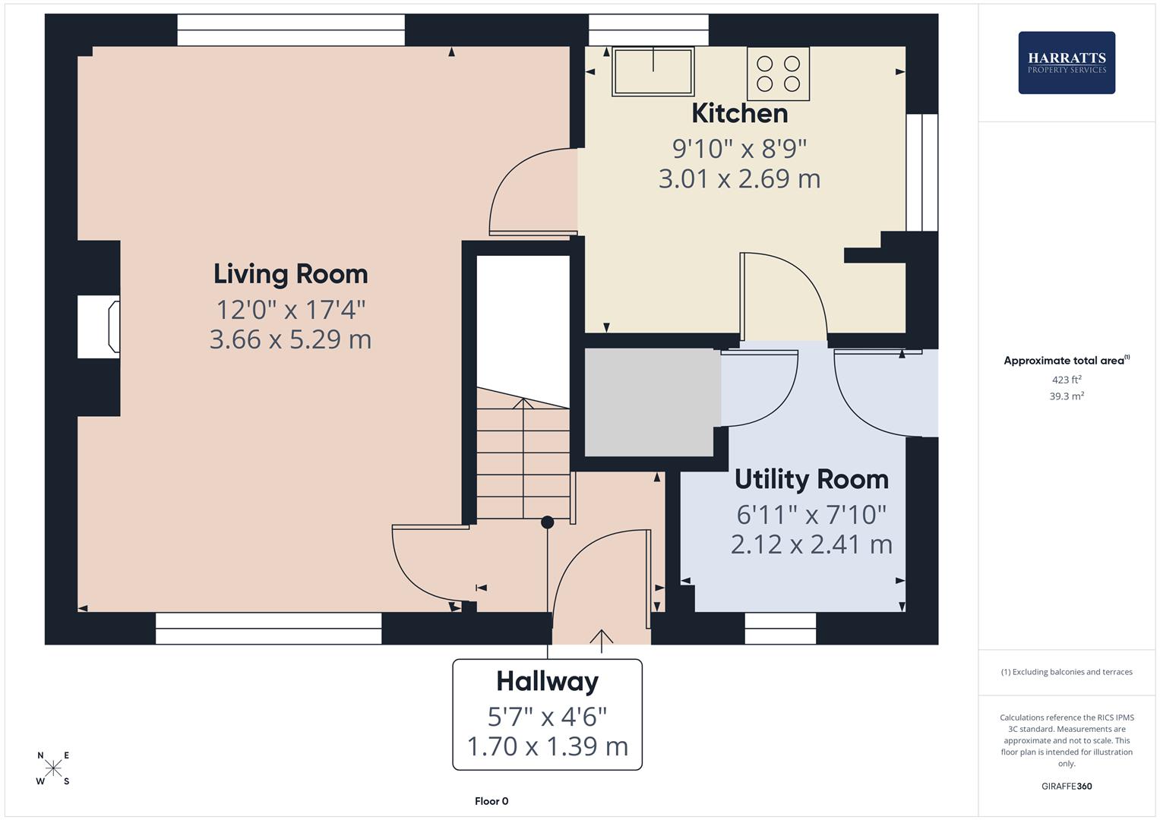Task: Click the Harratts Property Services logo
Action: point(1066,62)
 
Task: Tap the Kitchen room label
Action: point(739,114)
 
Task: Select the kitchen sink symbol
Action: point(653,71)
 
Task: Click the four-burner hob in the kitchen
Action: point(778,74)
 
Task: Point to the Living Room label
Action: point(290,274)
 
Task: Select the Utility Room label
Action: point(811,480)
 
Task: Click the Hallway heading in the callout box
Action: point(547,681)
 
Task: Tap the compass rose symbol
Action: point(53,768)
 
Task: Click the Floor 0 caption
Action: point(491,801)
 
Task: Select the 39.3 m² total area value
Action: point(1066,396)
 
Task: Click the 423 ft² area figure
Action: point(1066,380)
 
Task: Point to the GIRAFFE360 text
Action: point(1066,786)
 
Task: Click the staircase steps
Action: point(523,463)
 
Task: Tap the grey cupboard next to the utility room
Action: point(650,402)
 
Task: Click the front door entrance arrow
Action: point(602,640)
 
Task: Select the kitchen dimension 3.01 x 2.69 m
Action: point(739,179)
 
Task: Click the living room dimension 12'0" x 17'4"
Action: point(290,310)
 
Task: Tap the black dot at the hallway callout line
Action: point(547,522)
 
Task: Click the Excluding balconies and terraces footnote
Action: point(1066,672)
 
